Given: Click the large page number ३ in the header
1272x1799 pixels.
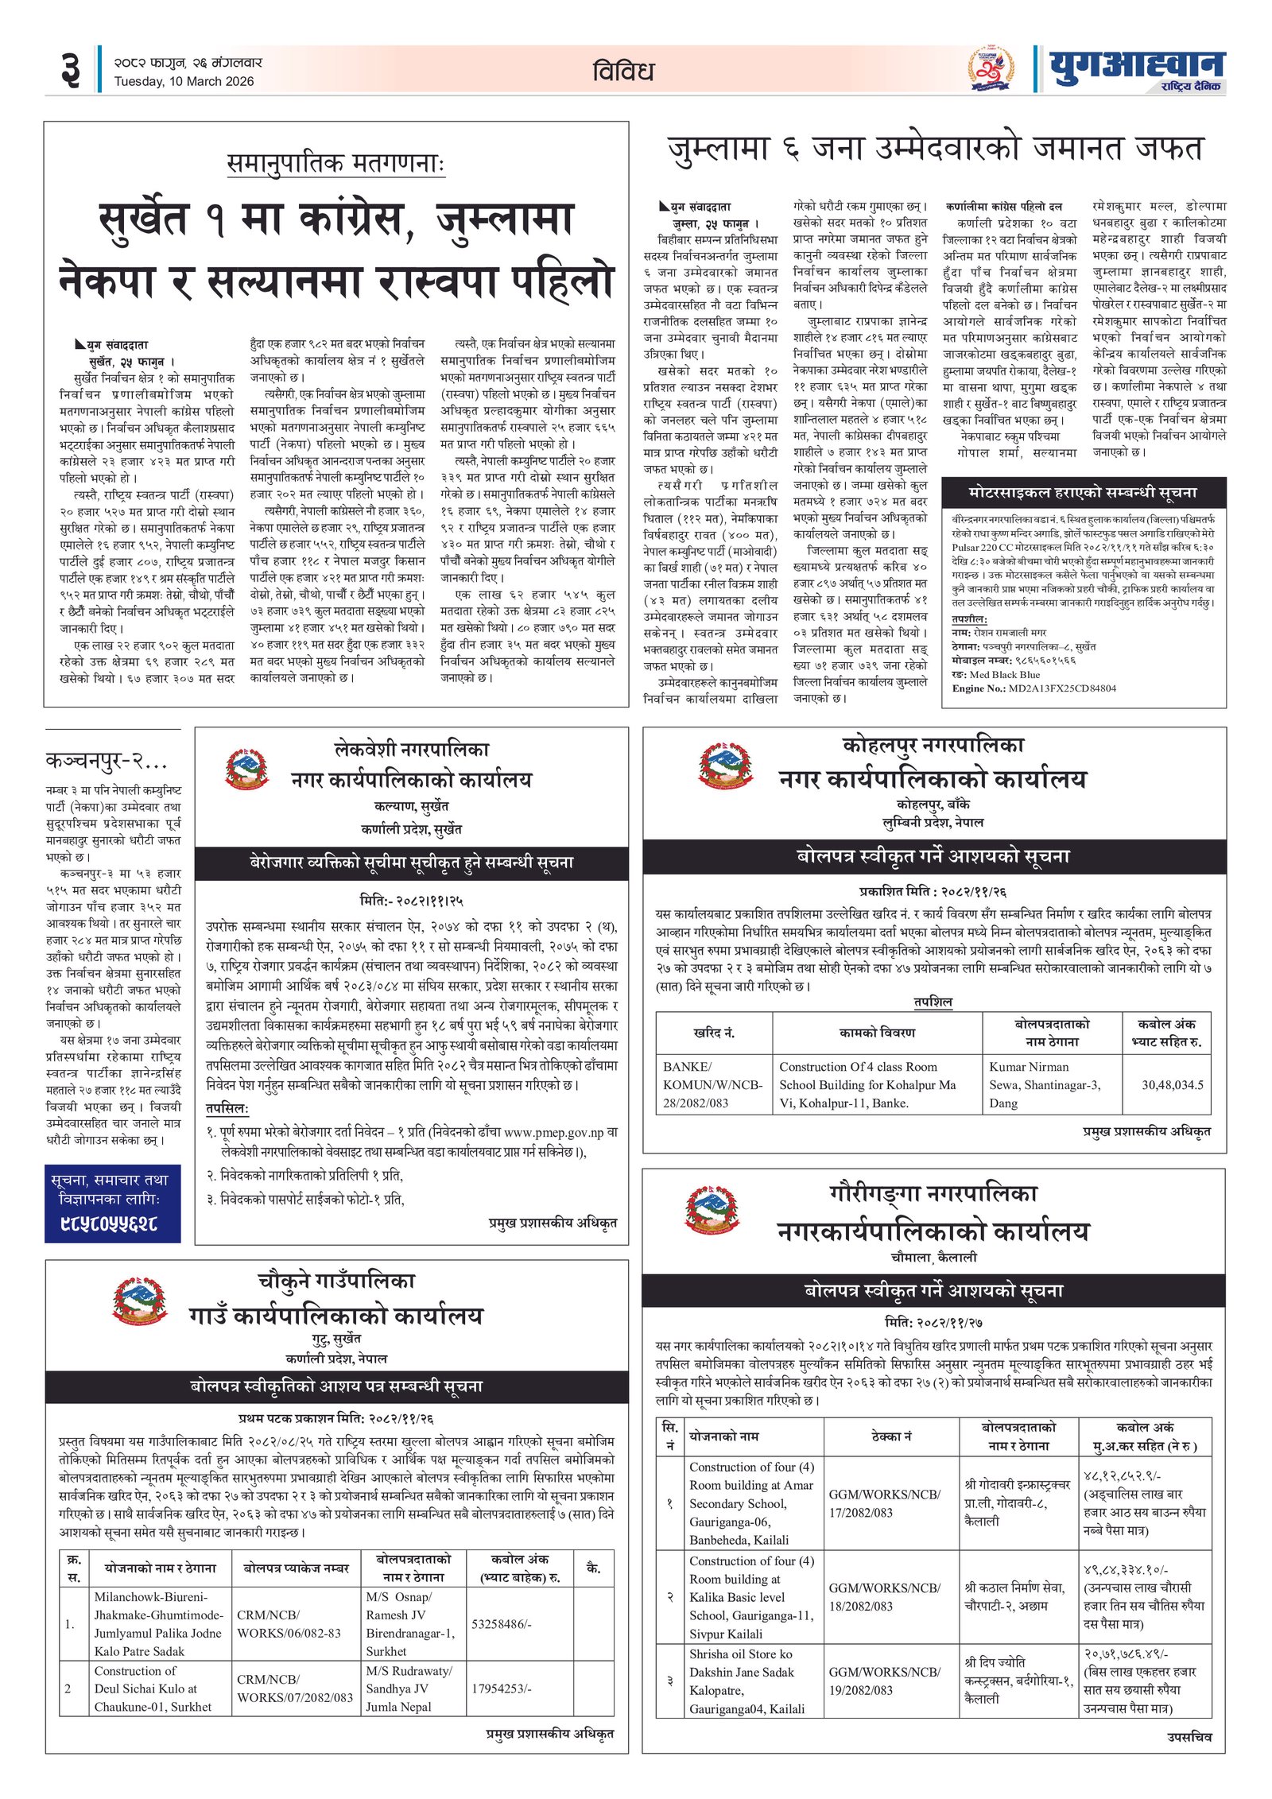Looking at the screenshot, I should [70, 70].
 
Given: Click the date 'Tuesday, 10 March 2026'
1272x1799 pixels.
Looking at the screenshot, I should [184, 81].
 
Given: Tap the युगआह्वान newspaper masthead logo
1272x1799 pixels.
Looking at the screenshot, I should [1137, 68].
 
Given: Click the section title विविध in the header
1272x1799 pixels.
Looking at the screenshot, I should [623, 72].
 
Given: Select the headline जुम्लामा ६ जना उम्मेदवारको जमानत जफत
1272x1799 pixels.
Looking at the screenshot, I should [935, 149].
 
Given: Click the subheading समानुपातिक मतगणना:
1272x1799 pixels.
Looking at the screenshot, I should [335, 164].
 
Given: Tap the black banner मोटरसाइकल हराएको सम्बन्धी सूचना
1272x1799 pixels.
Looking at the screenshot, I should [1083, 493].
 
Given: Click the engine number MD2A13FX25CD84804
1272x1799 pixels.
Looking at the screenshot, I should [1061, 688].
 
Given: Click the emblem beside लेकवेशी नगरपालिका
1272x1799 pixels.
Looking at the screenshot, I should [247, 766].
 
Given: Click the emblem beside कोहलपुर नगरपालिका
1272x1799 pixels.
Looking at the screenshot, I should [725, 765].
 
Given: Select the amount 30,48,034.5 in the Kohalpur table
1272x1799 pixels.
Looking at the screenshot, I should [1172, 1084].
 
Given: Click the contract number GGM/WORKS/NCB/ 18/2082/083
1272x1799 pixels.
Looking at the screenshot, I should [884, 1597].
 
